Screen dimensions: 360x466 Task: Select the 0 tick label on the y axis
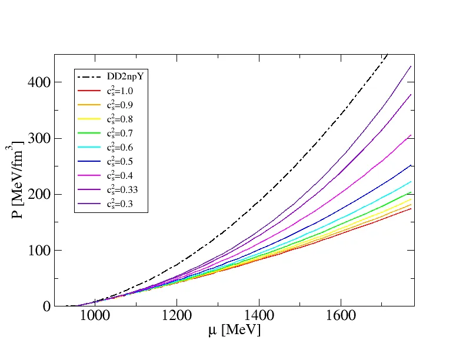point(45,306)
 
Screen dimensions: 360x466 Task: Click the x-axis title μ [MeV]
point(234,331)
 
